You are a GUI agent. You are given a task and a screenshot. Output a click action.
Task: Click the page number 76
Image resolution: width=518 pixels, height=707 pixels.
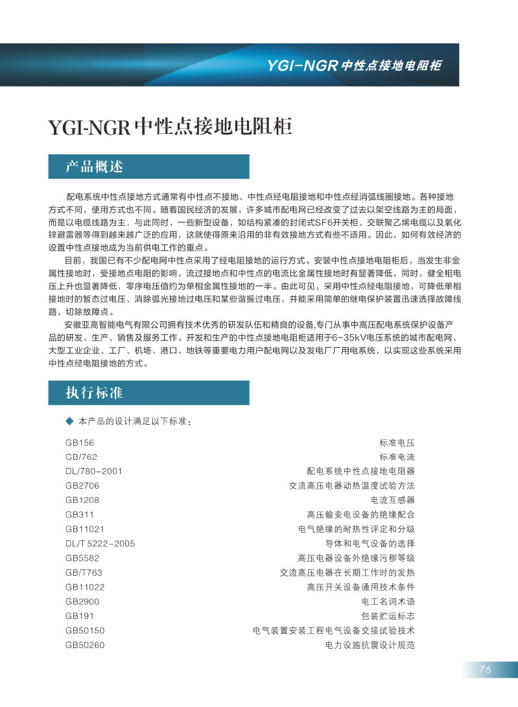point(485,669)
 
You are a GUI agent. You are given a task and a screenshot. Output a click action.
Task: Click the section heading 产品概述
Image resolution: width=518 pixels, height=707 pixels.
point(95,166)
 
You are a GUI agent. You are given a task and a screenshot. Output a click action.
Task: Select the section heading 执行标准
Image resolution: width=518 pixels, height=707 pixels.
point(95,393)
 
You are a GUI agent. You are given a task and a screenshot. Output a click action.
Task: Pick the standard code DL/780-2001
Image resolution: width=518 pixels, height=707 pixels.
point(93,471)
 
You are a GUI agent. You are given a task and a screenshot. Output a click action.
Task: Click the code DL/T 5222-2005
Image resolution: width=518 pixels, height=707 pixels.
point(100,543)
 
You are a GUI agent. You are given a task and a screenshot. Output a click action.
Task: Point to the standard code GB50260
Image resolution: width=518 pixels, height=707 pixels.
point(85,645)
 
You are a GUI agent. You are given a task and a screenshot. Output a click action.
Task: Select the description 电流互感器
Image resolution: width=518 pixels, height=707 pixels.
point(392,500)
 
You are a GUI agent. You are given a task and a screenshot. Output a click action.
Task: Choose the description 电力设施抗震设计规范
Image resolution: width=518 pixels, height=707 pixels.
point(370,645)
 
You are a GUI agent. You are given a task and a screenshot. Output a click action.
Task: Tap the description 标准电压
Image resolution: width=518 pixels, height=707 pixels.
point(397,443)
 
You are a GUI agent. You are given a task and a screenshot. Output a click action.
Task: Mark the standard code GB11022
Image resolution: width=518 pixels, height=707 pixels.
point(85,587)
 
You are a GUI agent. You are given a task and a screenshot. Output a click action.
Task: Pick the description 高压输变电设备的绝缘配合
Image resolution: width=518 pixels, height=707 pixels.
point(360,515)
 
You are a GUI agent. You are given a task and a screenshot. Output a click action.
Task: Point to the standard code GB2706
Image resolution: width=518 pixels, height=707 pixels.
point(82,486)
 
